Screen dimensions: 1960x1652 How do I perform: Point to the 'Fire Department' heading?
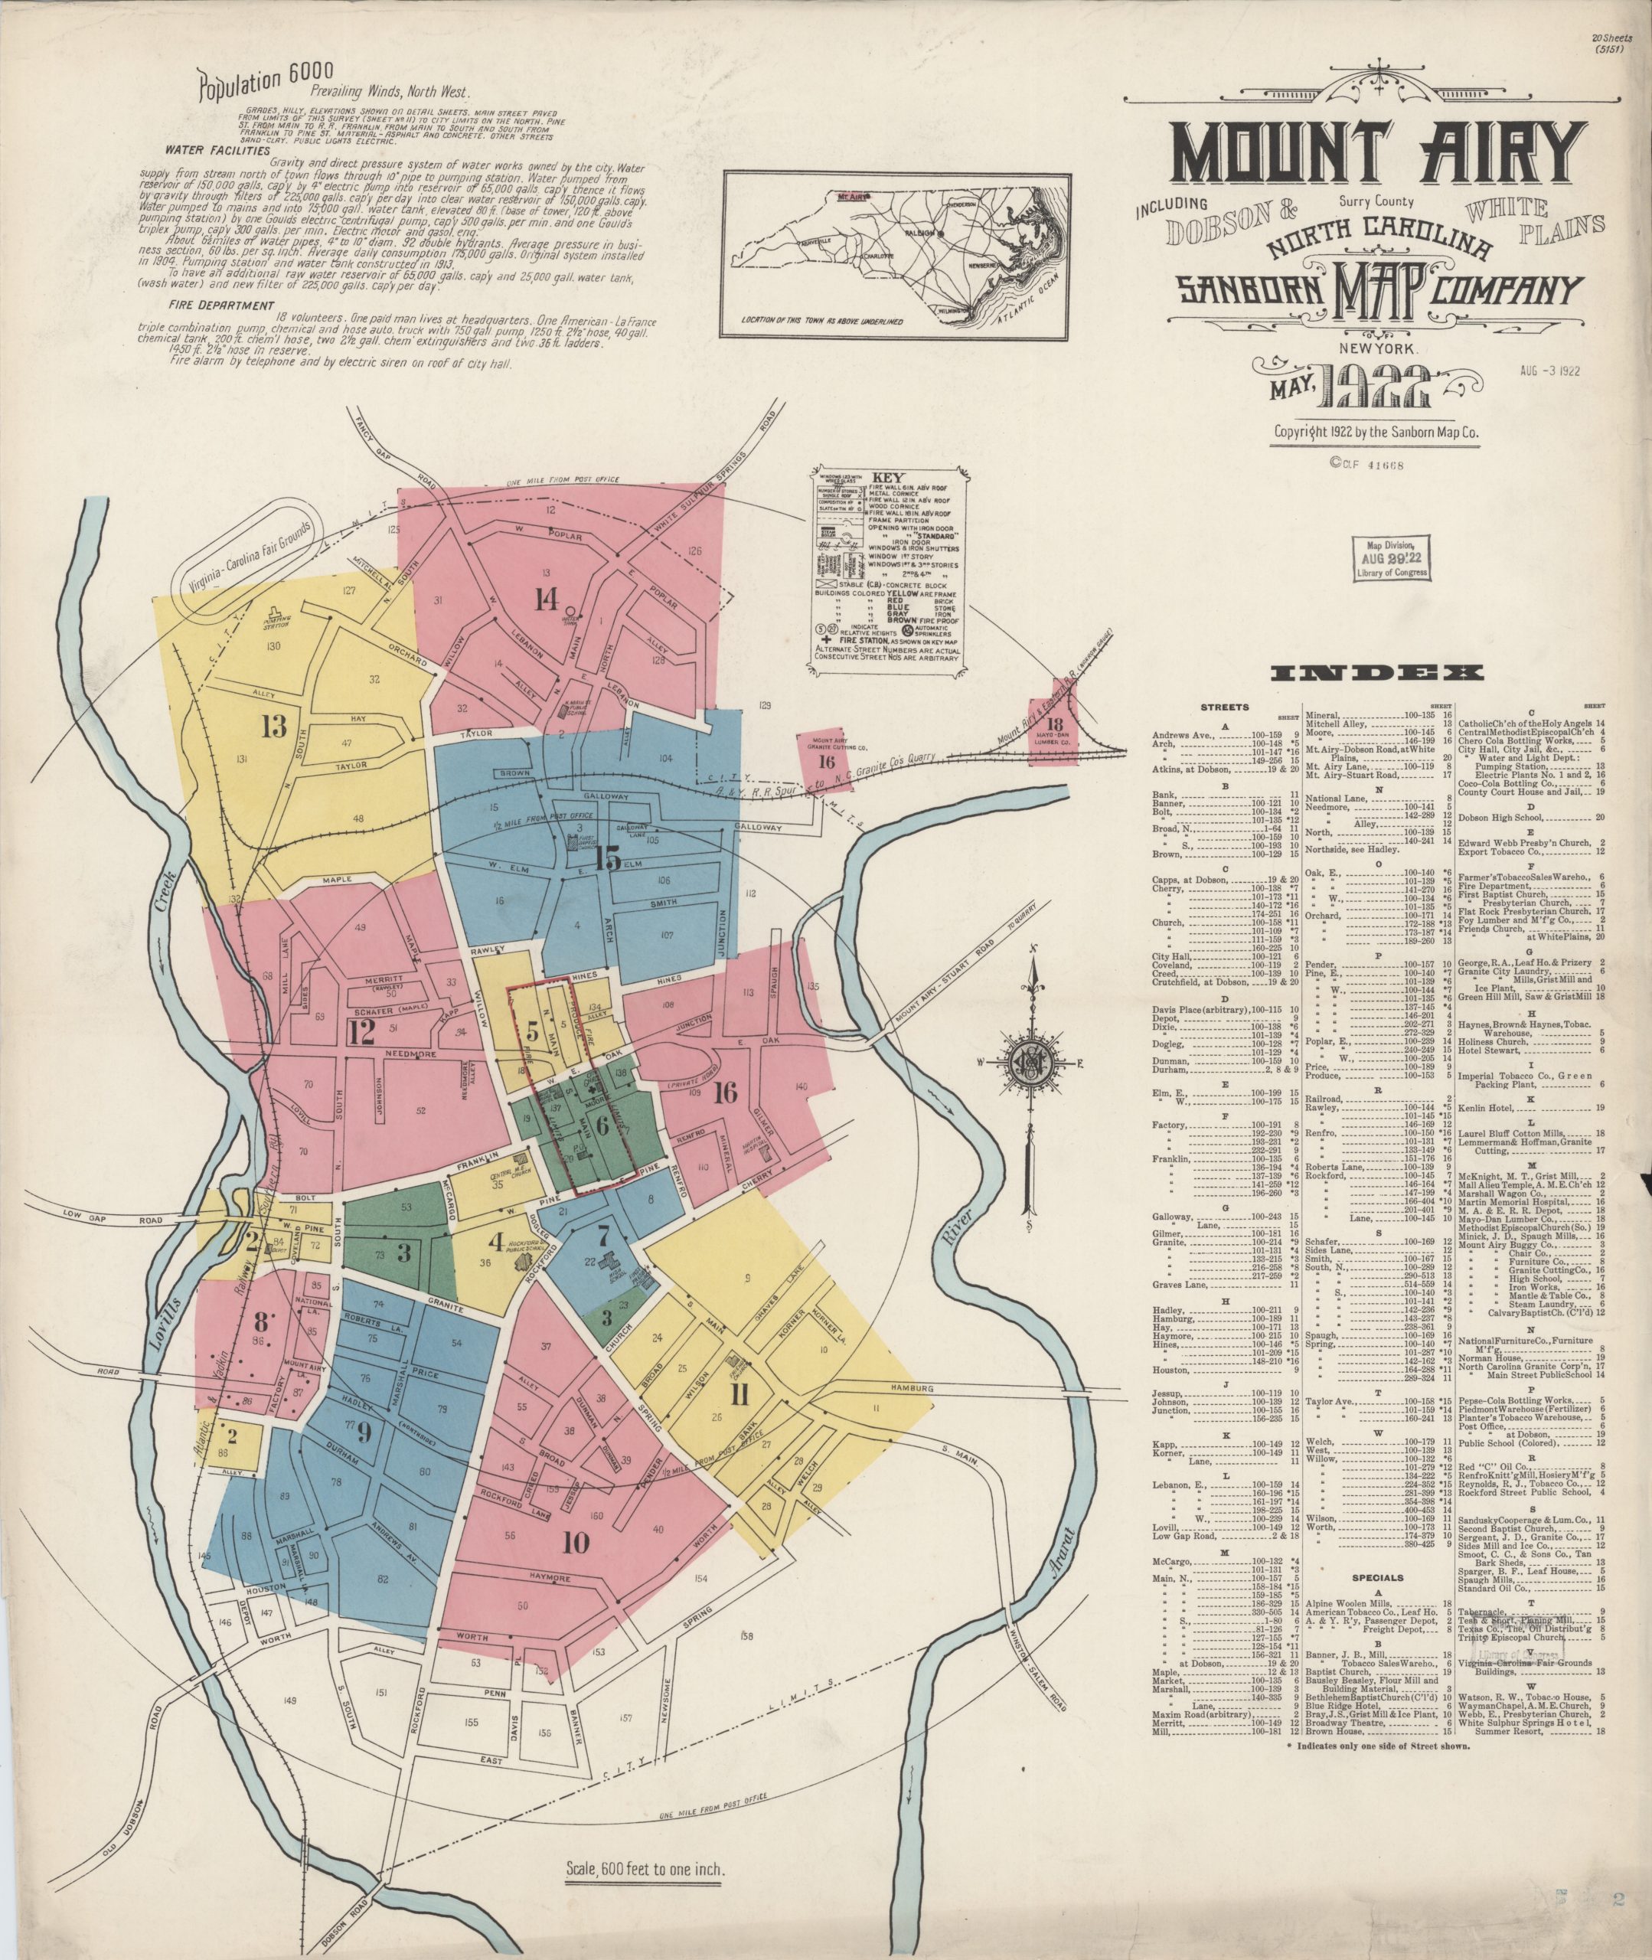coord(221,305)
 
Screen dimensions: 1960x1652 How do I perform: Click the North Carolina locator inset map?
coord(896,255)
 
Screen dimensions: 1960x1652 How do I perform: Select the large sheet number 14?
coord(546,597)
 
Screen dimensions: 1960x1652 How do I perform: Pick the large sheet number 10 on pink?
coord(575,1540)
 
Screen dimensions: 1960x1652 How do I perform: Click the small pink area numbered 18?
coord(1056,723)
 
